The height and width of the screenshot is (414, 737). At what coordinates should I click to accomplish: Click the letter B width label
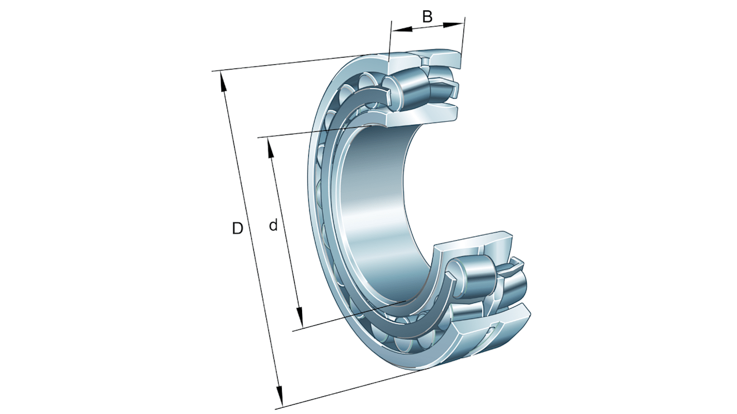(x=427, y=17)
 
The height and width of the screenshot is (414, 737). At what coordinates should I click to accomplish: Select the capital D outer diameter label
(x=237, y=228)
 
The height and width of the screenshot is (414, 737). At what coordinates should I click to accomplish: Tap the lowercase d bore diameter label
(x=273, y=225)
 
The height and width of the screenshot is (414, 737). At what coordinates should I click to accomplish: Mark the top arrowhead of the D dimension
(x=223, y=79)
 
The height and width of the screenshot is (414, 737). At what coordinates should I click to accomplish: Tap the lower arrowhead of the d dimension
(x=299, y=316)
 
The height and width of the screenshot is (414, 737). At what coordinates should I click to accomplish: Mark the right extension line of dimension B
(x=463, y=36)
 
